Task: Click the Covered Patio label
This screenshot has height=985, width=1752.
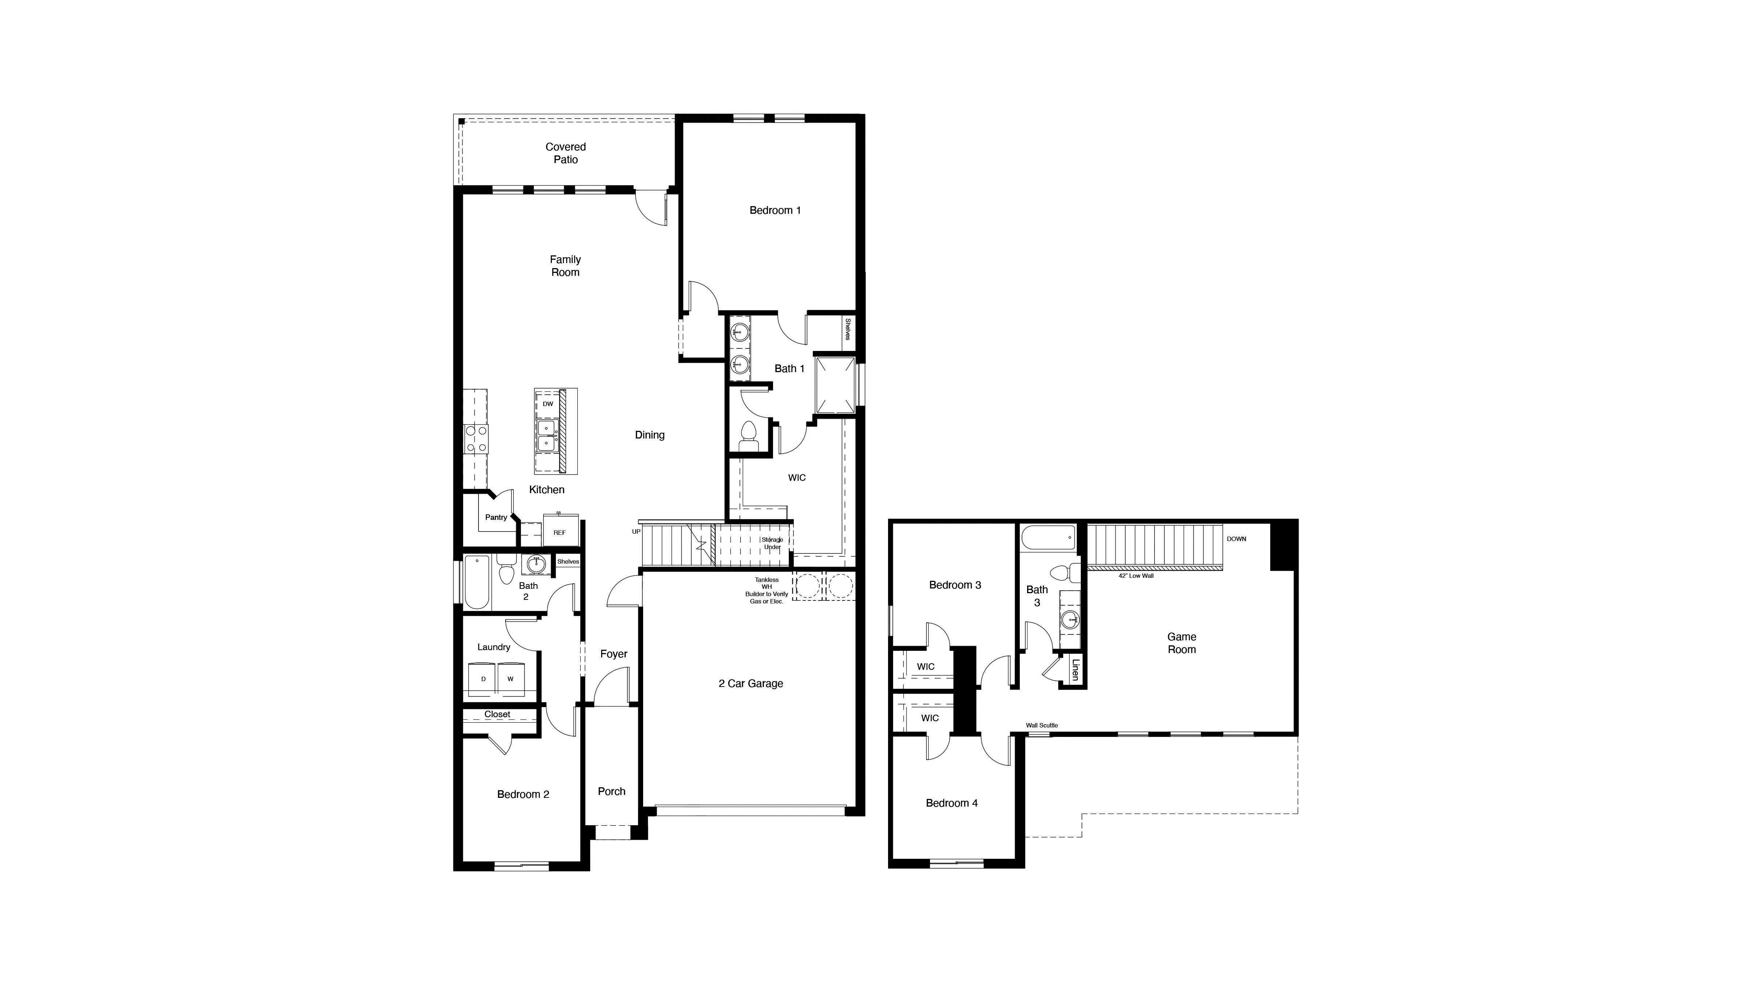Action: click(565, 153)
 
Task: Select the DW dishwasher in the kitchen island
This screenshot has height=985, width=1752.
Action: click(547, 404)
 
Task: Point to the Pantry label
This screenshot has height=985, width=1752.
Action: click(496, 517)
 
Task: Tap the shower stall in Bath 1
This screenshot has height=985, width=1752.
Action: click(834, 385)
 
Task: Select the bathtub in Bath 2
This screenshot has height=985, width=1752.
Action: click(477, 583)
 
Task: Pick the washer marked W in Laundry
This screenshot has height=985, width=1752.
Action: click(510, 679)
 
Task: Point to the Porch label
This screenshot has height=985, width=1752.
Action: click(611, 791)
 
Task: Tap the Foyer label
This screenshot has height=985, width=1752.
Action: click(614, 654)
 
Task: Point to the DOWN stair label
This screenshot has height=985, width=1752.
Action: click(1237, 539)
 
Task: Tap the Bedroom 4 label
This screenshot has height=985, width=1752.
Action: click(952, 803)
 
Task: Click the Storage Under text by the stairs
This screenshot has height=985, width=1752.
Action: click(772, 543)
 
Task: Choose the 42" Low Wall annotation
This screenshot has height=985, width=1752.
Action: click(1136, 576)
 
